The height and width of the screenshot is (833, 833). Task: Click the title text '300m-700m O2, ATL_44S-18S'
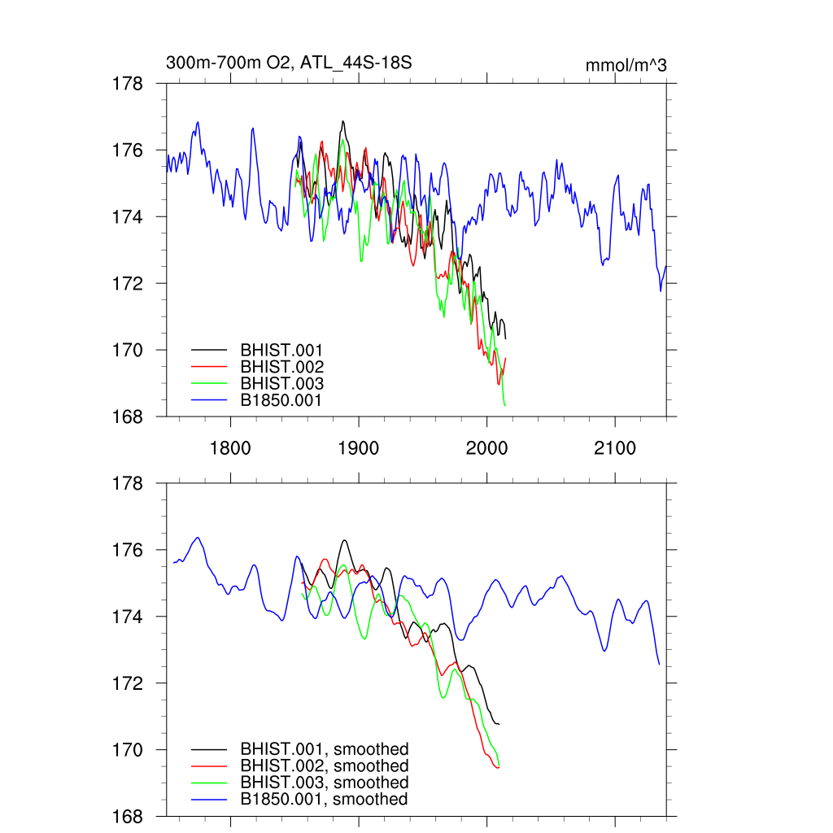(294, 63)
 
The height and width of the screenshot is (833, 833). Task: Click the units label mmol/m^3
(626, 65)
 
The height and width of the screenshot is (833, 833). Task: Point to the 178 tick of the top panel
(129, 84)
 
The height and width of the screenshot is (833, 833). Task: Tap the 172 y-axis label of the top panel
(129, 284)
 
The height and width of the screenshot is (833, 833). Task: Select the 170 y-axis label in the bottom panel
(129, 750)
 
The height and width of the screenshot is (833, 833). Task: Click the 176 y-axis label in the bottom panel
(129, 551)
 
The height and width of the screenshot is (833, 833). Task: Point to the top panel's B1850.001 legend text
(281, 401)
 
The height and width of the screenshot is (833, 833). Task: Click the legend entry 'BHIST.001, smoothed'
(324, 749)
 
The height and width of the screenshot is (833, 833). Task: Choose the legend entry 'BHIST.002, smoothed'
(324, 766)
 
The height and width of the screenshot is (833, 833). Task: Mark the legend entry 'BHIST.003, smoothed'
(324, 783)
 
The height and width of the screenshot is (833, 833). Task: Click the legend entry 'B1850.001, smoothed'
(324, 800)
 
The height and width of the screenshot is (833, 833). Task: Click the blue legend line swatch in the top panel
(208, 400)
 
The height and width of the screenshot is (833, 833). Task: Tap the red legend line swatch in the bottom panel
(208, 766)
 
